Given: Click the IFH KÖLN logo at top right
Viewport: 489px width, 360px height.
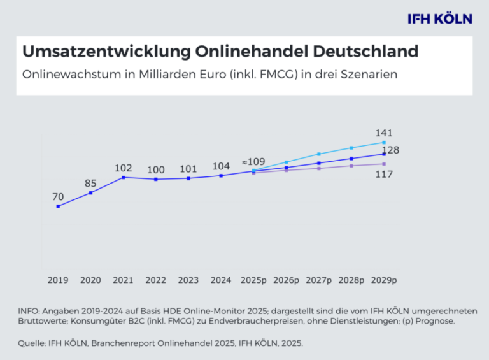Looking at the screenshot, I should (x=439, y=18).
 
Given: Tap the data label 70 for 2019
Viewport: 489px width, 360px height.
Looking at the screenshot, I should (x=58, y=197).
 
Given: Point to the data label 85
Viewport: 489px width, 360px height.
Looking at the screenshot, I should (x=90, y=184).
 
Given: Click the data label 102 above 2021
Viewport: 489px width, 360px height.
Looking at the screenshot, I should (x=123, y=168).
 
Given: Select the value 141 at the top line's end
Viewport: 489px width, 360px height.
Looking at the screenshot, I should (x=383, y=133).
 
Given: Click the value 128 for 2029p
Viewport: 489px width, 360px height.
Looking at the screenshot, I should (x=390, y=150).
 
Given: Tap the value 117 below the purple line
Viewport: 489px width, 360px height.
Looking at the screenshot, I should (x=383, y=173).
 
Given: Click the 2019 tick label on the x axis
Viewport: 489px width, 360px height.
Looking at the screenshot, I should (x=58, y=280).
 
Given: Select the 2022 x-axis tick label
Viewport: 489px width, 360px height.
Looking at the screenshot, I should (x=155, y=280).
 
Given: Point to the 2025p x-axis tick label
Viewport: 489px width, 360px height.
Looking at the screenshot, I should (x=253, y=280).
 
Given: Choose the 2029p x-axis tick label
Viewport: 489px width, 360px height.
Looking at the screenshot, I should (x=383, y=280).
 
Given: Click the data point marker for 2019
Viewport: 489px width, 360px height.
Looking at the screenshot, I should (x=58, y=206).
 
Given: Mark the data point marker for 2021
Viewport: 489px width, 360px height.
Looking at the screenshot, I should (x=123, y=177).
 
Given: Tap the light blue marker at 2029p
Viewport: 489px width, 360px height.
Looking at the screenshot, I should (x=383, y=142).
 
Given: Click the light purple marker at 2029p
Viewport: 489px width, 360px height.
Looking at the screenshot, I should (x=383, y=164).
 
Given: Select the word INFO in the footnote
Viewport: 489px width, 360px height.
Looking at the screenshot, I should (x=29, y=310).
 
